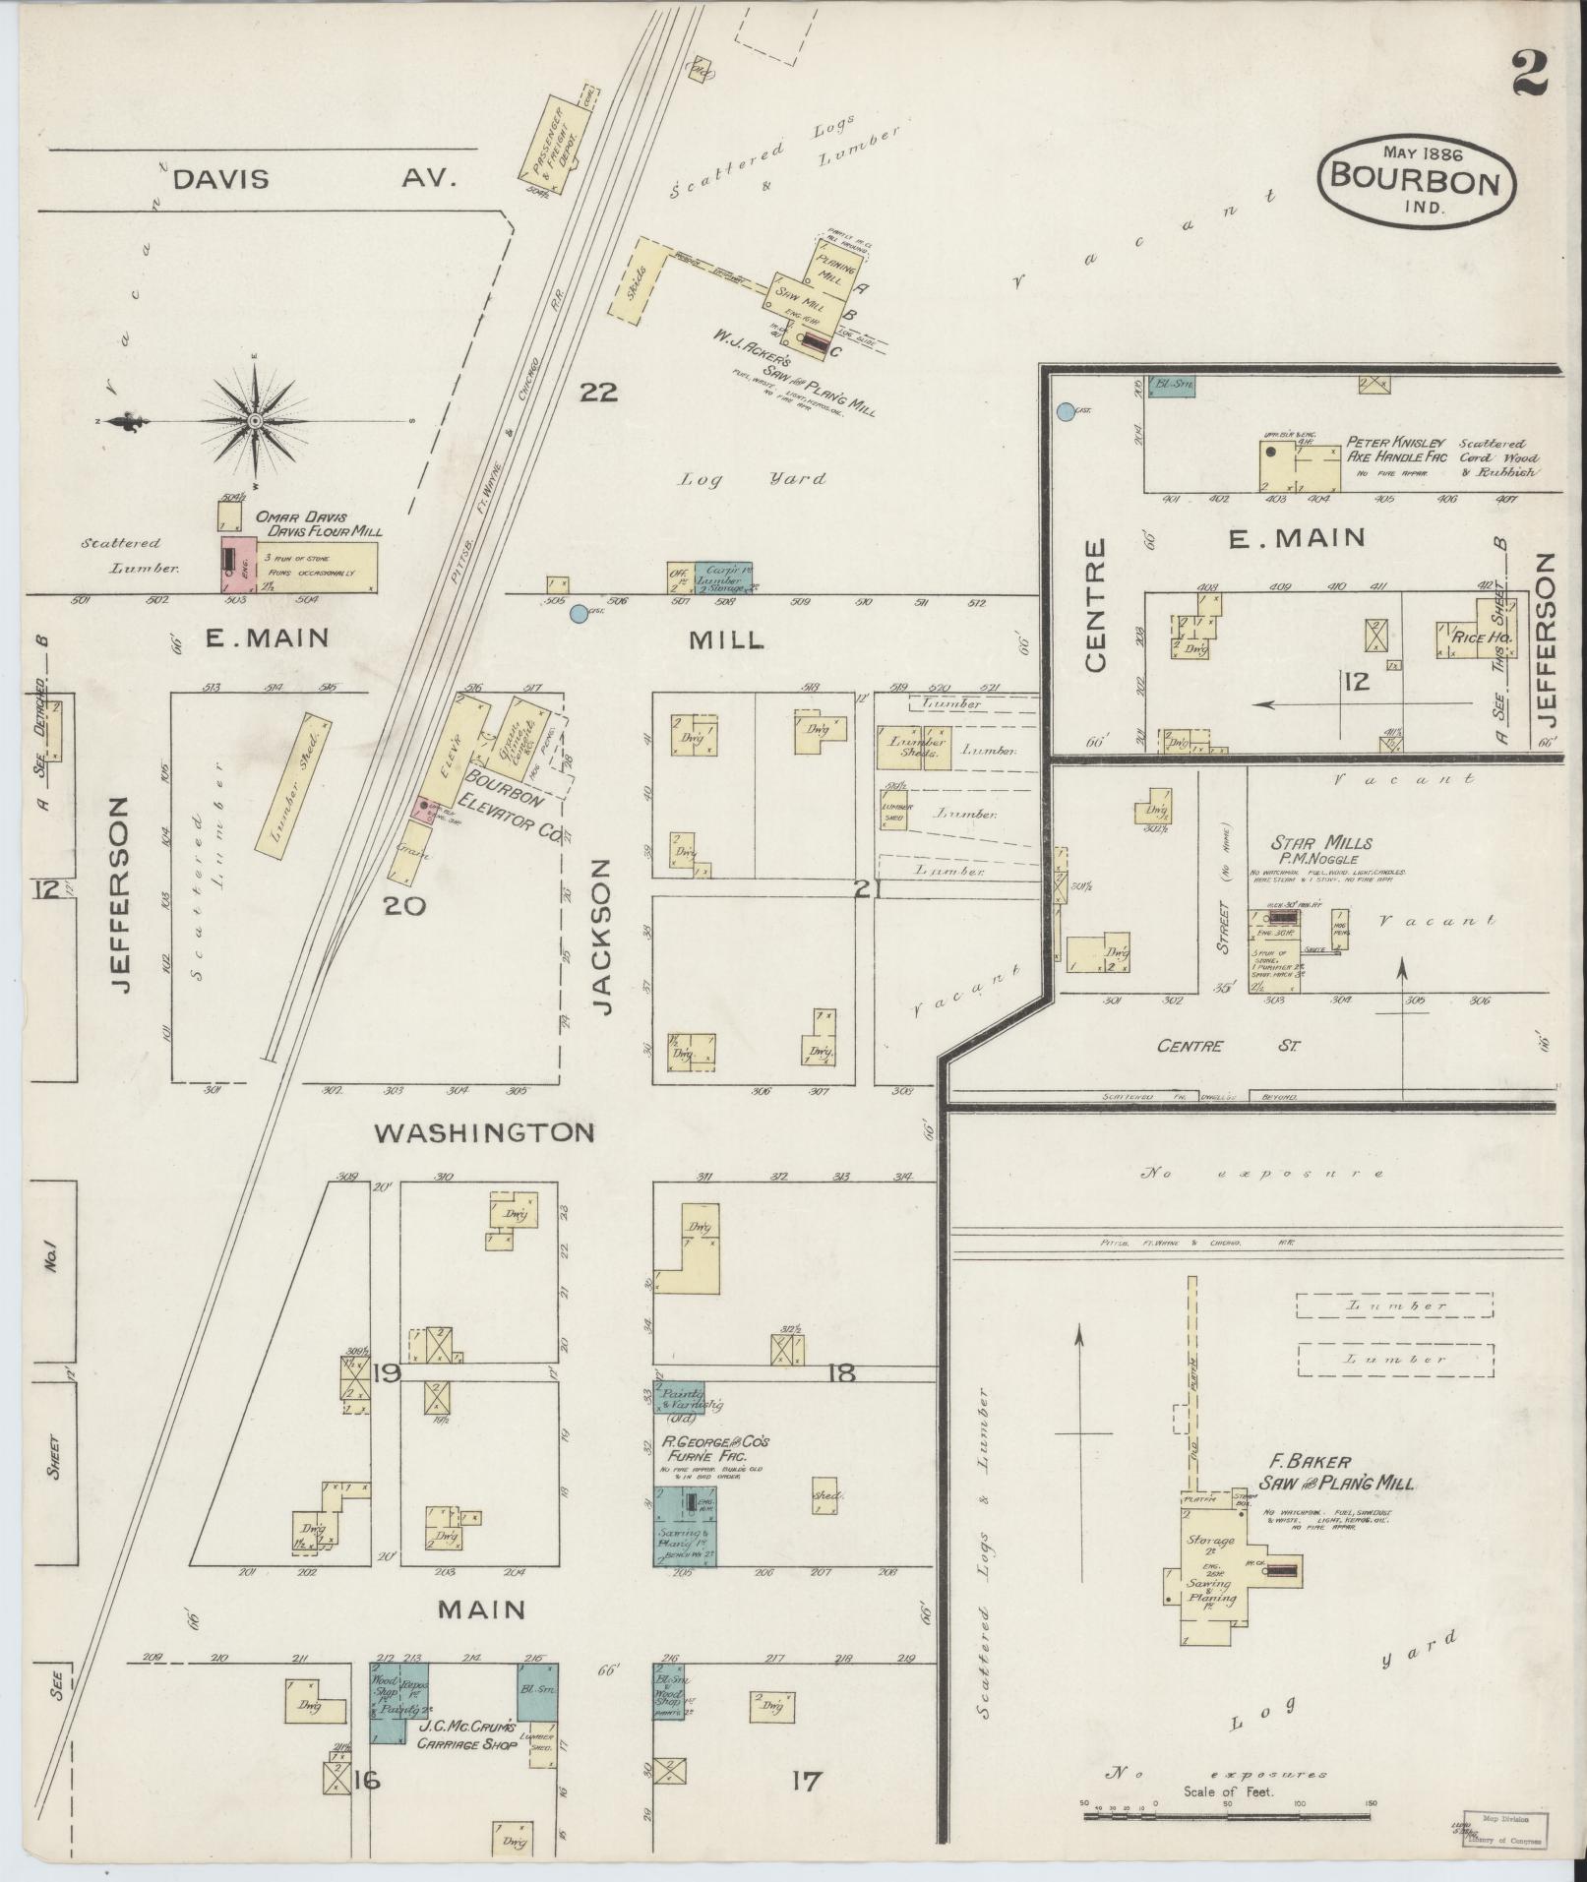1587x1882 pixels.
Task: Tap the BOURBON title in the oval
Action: click(x=1415, y=181)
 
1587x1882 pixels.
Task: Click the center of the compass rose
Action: click(x=255, y=421)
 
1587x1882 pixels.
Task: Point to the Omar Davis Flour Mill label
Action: click(x=319, y=523)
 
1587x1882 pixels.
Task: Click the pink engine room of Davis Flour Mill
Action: click(x=232, y=563)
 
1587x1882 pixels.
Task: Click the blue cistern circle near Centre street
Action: click(x=1065, y=412)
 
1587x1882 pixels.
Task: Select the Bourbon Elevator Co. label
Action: click(x=512, y=801)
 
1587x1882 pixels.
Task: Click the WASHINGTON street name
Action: click(x=485, y=1132)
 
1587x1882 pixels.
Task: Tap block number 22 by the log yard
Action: click(x=598, y=393)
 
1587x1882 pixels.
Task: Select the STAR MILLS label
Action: click(x=1321, y=842)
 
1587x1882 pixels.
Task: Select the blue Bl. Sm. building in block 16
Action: click(x=538, y=1690)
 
